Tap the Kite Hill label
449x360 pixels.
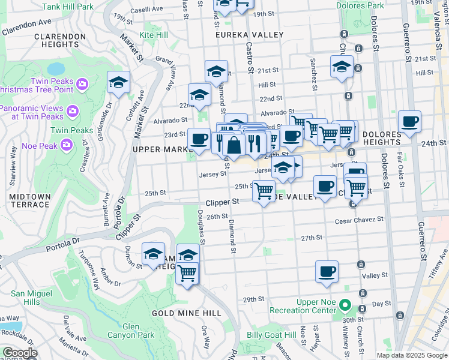154,36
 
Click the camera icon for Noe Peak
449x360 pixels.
66,143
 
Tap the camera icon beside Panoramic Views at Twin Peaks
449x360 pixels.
73,110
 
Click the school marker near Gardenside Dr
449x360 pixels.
119,82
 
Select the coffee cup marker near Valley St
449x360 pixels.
327,272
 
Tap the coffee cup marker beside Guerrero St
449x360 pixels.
409,121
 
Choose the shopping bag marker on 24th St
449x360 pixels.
235,143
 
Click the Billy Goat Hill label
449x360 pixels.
272,335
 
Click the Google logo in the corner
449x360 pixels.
19,353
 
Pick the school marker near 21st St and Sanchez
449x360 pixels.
342,67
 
